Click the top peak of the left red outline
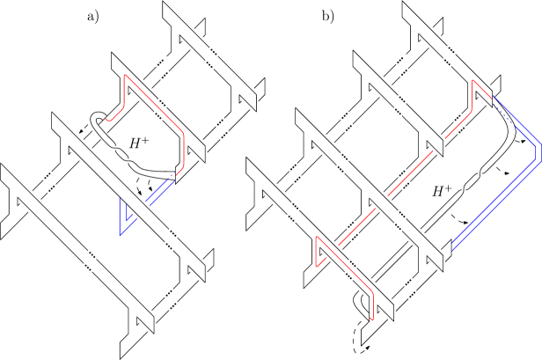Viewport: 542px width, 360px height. pos(125,76)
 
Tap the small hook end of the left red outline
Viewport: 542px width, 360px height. pos(106,119)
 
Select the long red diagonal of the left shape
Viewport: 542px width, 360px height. pos(154,104)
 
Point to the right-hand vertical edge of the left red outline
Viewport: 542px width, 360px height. pos(183,150)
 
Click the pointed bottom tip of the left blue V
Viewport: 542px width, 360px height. pos(121,234)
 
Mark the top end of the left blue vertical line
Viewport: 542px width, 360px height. pos(121,198)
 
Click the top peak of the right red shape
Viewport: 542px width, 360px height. pos(473,80)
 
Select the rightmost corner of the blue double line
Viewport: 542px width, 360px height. pos(537,153)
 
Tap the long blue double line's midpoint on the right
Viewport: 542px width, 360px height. pos(494,203)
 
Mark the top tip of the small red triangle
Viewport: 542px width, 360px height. pos(317,237)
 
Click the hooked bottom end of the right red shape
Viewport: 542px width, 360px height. pos(372,318)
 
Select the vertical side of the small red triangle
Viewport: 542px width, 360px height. pos(316,252)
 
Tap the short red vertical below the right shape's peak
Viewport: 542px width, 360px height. pos(472,98)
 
